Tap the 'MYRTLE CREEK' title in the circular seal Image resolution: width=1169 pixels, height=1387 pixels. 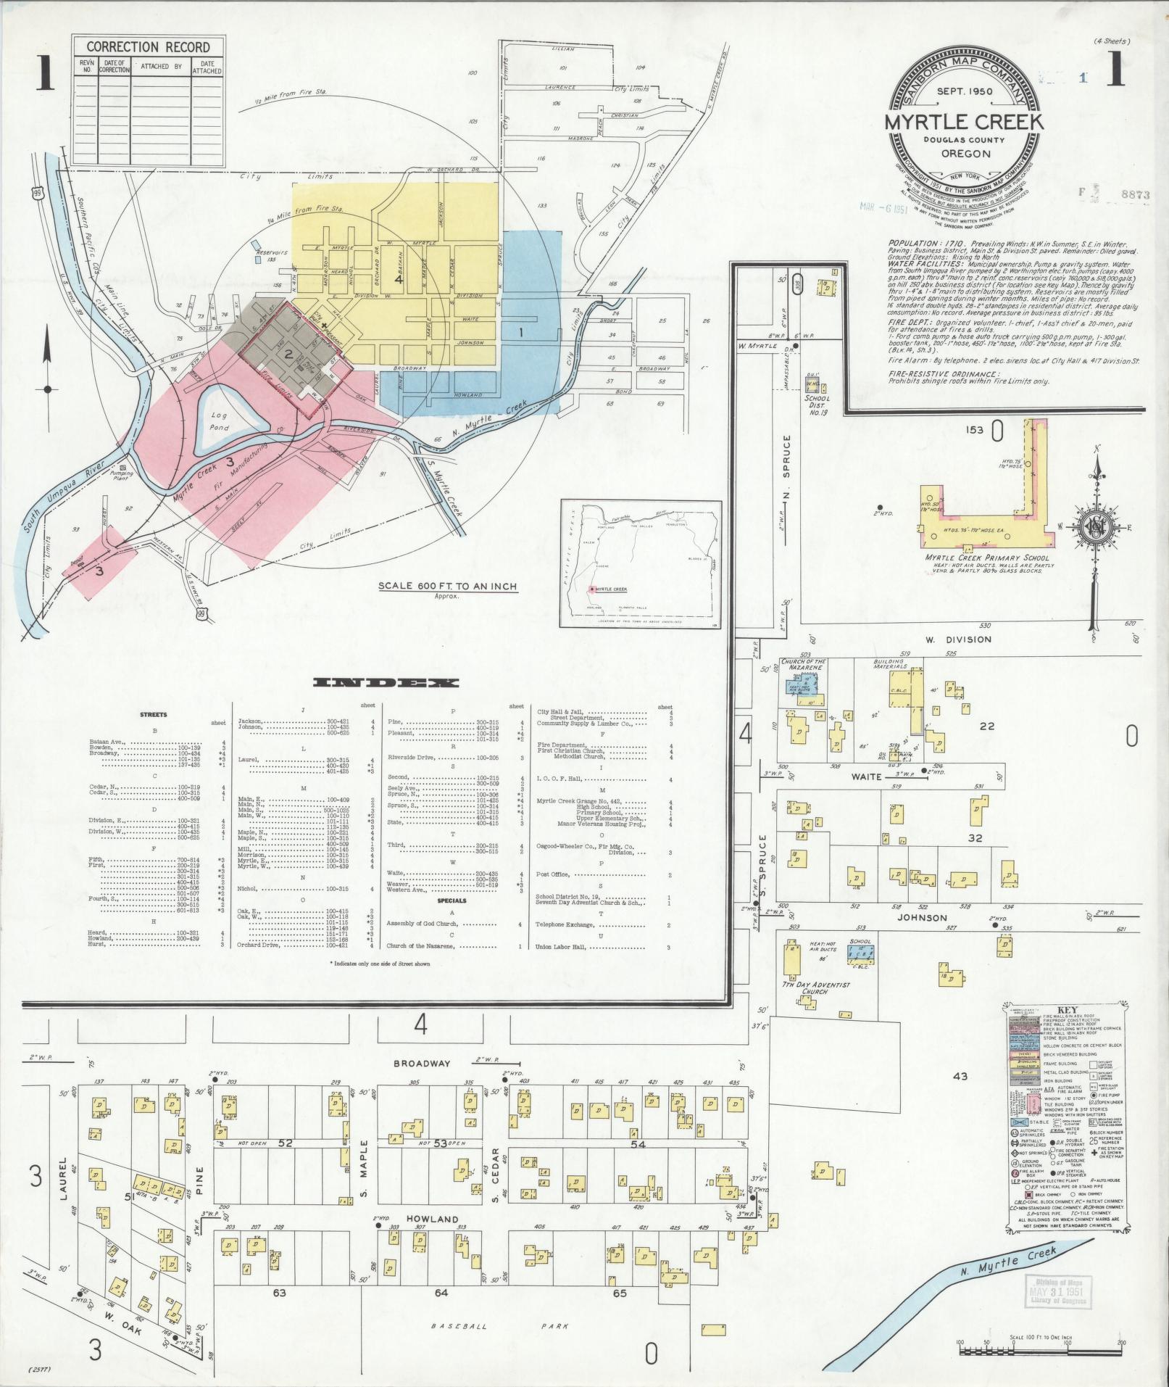[965, 122]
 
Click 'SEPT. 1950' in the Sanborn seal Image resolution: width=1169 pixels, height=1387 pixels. [965, 91]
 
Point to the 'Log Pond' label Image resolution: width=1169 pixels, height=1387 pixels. [220, 421]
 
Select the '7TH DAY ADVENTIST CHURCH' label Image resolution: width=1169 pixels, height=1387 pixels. [815, 987]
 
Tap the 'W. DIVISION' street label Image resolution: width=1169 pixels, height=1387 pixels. [968, 639]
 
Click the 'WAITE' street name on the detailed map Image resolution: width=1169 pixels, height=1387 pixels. [867, 777]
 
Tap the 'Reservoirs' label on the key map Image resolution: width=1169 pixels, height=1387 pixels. [273, 252]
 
